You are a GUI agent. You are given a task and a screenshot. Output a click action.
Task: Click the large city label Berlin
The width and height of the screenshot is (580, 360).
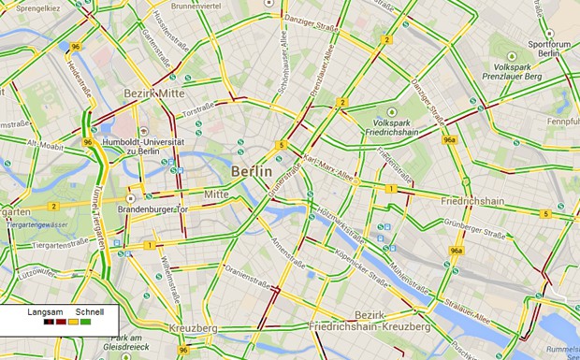pos(252,172)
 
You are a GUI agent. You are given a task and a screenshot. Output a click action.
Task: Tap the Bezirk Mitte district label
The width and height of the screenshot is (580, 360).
pos(154,94)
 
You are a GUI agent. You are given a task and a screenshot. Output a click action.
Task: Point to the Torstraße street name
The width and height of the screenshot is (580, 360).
pos(197,111)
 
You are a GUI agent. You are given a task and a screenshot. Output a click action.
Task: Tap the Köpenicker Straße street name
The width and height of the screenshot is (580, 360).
pos(364,268)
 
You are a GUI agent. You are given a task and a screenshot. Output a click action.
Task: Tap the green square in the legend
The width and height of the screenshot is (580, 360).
pos(86,322)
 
